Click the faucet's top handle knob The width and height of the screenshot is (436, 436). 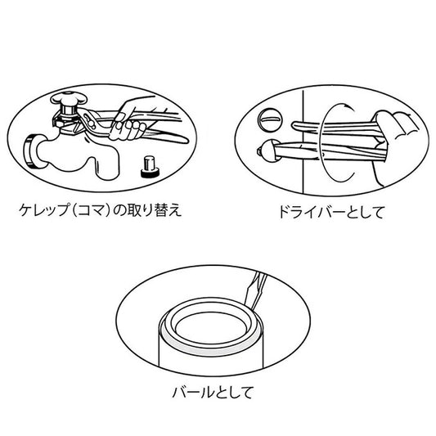[69, 99]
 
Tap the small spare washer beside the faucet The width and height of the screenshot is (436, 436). [151, 167]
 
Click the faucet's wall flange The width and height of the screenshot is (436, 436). [31, 151]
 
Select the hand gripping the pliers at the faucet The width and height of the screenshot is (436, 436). [131, 119]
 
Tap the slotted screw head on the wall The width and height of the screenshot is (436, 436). [270, 119]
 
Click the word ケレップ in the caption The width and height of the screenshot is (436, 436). [43, 210]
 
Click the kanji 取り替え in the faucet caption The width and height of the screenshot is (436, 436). [155, 210]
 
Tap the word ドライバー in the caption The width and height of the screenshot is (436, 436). [312, 212]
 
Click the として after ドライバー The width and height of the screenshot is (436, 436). [365, 212]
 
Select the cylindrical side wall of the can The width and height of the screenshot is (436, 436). [210, 359]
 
